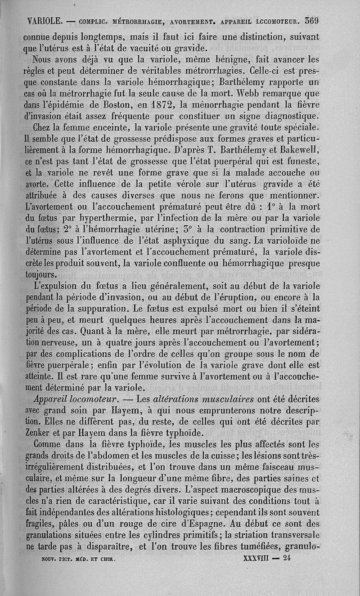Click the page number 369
coord(311,20)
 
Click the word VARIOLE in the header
coord(45,21)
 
